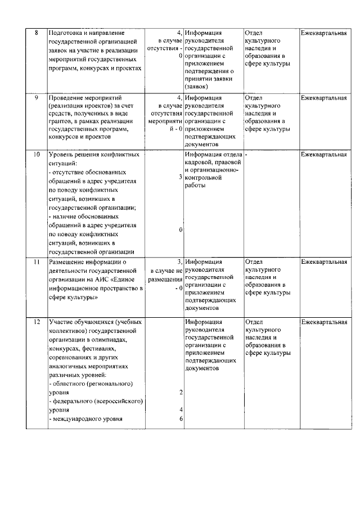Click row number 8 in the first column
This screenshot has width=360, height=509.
click(x=37, y=33)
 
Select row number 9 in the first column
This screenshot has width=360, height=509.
click(x=37, y=98)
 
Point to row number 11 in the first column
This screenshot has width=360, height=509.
click(x=37, y=262)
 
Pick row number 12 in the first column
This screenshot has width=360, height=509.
click(x=37, y=322)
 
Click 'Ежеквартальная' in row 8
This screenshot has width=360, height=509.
click(x=323, y=33)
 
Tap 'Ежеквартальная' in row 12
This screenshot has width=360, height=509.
click(x=323, y=322)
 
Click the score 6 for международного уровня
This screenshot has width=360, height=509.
click(x=181, y=418)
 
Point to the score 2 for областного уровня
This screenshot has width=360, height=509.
click(x=181, y=391)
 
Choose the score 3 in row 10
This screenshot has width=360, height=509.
click(x=181, y=177)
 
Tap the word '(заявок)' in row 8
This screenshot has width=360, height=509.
click(x=196, y=87)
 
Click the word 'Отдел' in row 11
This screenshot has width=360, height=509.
click(x=255, y=262)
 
